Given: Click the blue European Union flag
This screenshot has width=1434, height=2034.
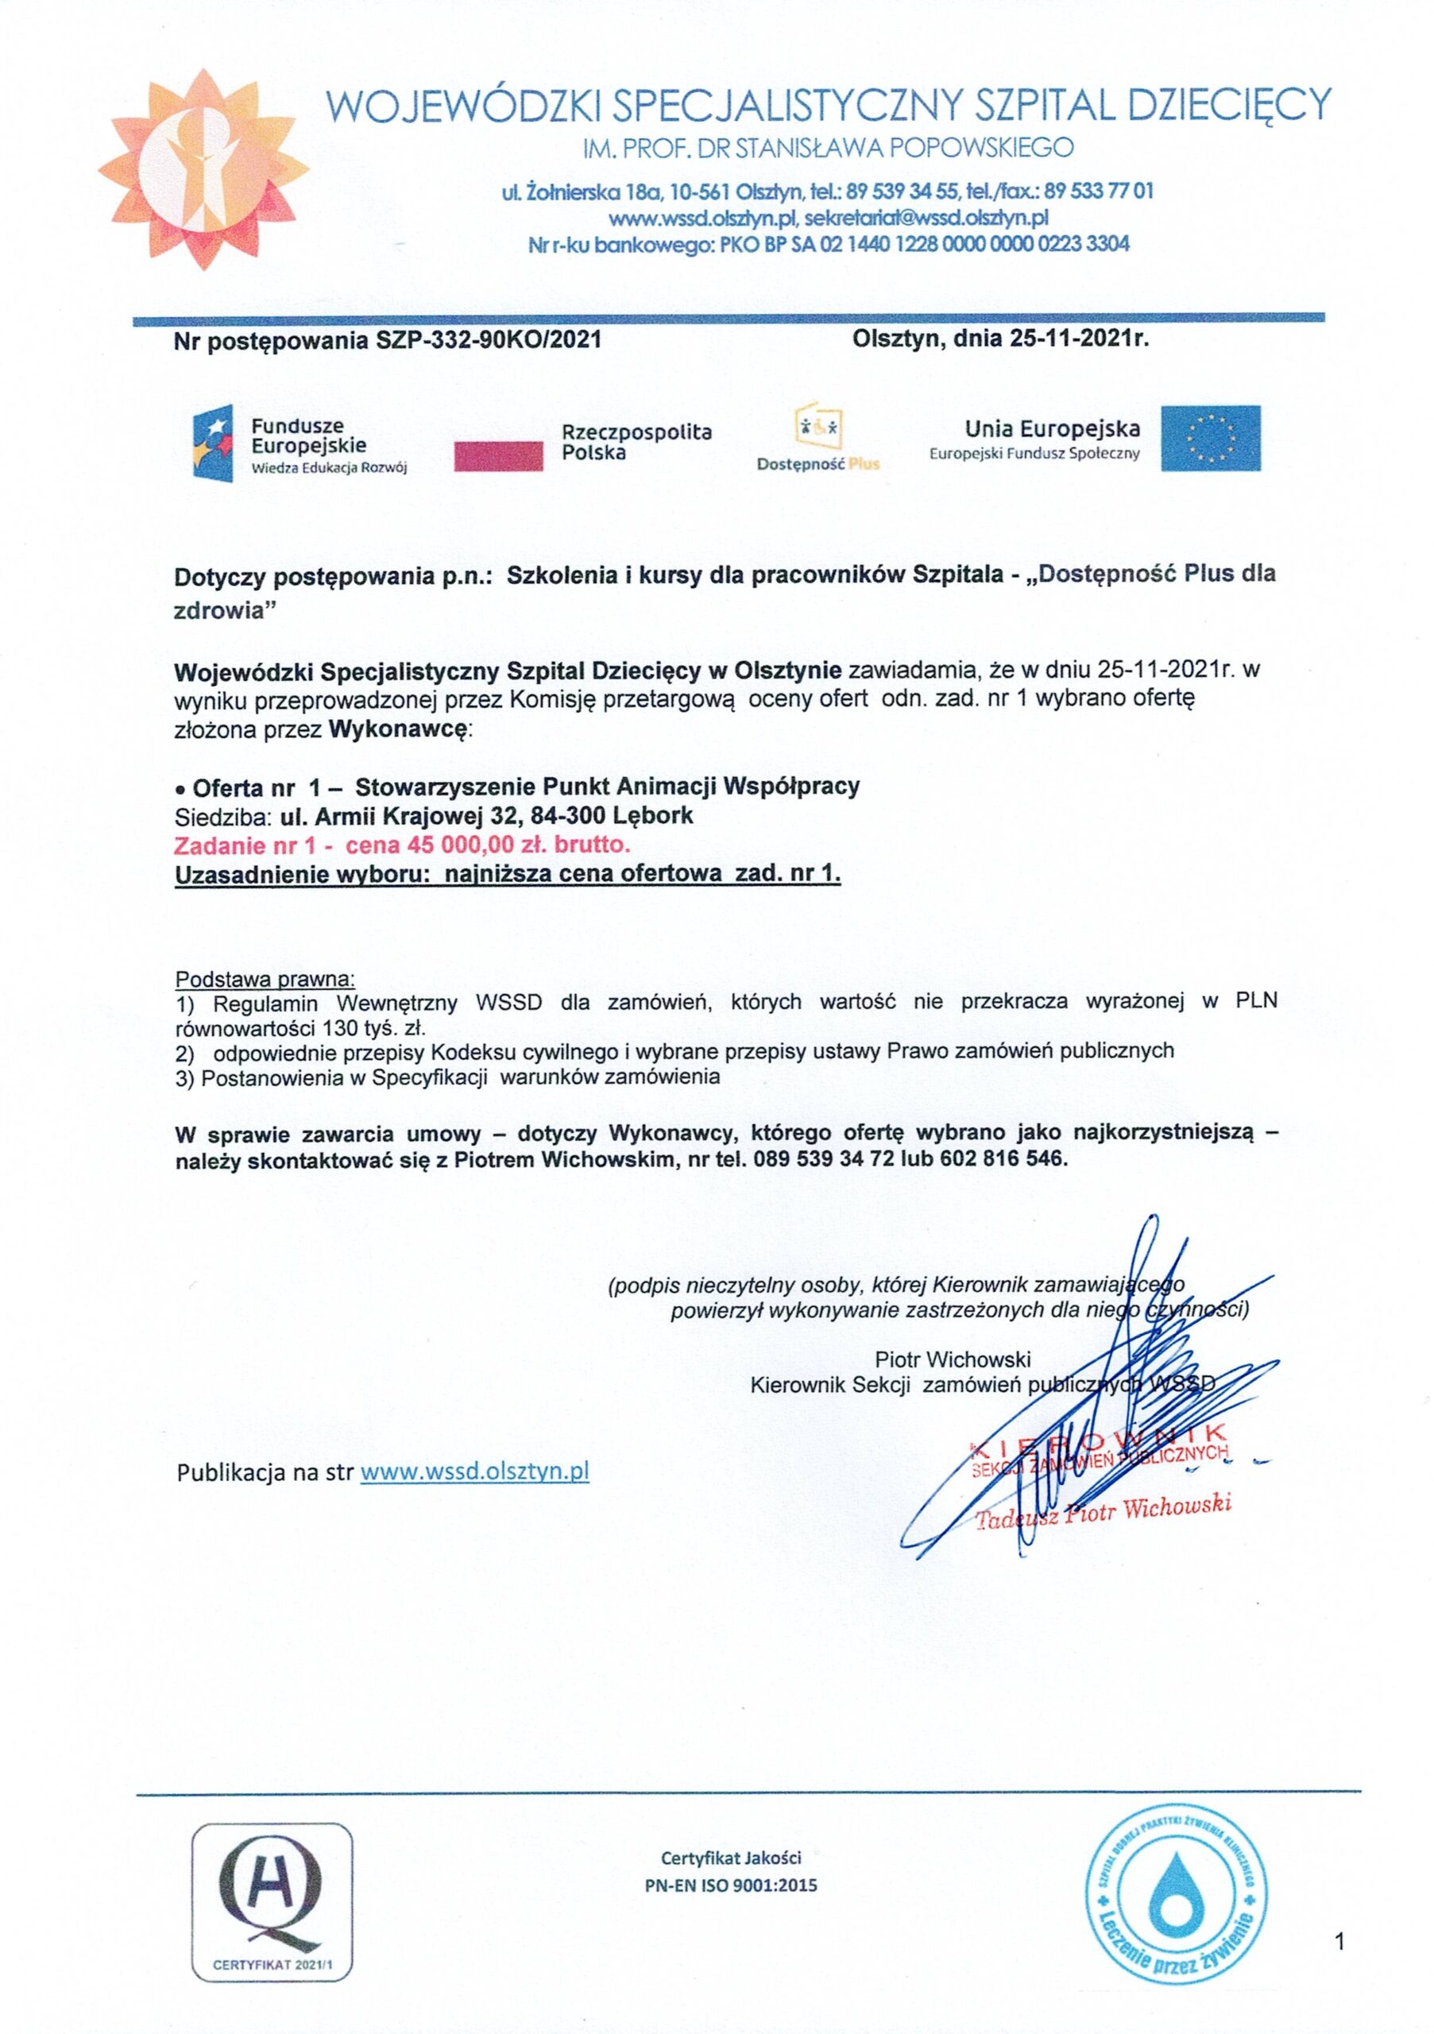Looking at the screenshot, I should click(x=1210, y=438).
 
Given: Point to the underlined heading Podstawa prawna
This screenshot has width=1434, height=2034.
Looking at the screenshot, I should click(x=265, y=979).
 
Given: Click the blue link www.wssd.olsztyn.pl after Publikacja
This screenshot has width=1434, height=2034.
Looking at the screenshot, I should click(x=475, y=1471).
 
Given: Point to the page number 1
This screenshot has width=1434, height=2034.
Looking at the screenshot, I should click(x=1339, y=1943).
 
